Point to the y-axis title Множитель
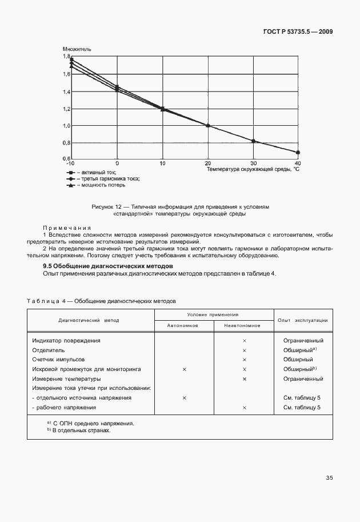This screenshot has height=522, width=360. (77, 49)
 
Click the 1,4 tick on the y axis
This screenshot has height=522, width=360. (66, 91)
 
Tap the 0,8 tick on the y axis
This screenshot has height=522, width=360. (66, 143)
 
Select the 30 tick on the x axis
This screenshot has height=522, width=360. (253, 164)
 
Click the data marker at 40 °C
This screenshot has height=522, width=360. (298, 153)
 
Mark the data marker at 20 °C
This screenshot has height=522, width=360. (208, 126)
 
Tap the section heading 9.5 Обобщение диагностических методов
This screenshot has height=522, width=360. (109, 266)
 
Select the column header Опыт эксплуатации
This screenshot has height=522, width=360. (302, 320)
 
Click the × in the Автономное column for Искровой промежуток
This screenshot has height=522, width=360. (184, 369)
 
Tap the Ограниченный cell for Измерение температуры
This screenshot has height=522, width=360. (302, 378)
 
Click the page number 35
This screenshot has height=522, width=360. (329, 477)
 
